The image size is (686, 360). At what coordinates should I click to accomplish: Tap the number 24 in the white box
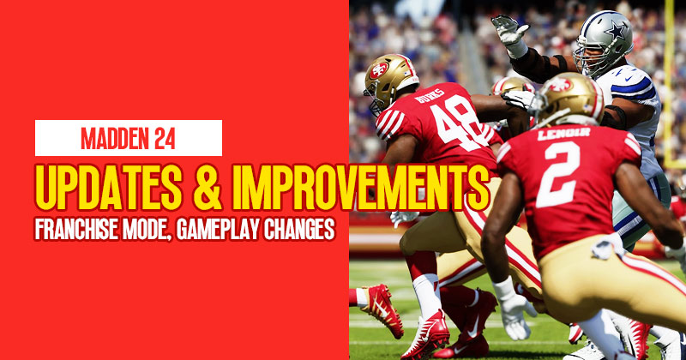tap(165, 138)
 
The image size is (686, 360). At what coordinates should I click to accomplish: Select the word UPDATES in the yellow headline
tap(109, 188)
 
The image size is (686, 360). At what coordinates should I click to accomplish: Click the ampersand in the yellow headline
tap(207, 188)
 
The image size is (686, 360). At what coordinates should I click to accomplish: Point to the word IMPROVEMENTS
tap(360, 188)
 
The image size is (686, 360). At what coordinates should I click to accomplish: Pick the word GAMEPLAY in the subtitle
tap(219, 229)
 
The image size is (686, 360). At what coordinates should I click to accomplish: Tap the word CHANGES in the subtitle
tap(299, 229)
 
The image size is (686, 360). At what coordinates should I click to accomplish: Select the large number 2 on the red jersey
tap(558, 174)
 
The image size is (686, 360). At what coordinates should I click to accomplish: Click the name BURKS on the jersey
tap(430, 96)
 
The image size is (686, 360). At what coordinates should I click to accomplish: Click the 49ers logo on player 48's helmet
tap(379, 70)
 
